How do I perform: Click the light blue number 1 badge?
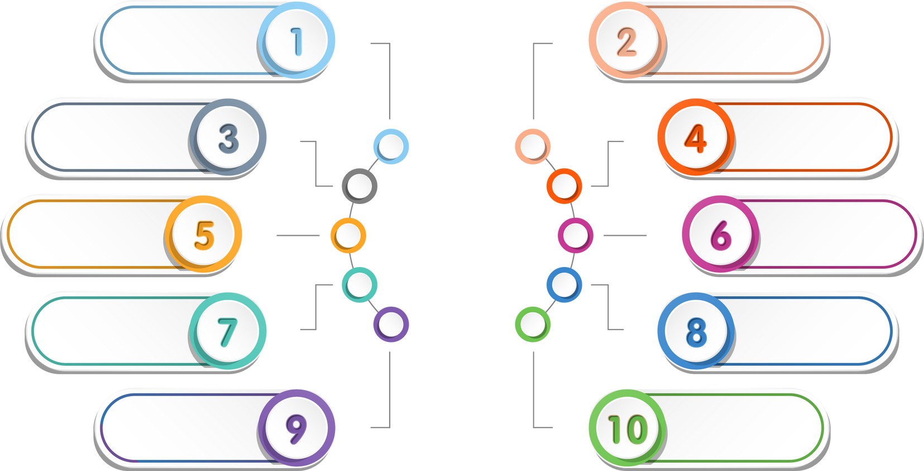tap(296, 40)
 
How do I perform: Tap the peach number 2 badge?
tap(626, 40)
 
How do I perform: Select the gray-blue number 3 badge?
tap(228, 137)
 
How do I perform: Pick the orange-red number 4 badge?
tap(695, 137)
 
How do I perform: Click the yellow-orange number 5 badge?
tap(204, 234)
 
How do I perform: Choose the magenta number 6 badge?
tap(720, 234)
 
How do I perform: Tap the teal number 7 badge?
tap(228, 331)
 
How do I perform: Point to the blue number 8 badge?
tap(695, 331)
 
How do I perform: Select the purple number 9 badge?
tap(296, 427)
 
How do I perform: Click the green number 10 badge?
tap(626, 429)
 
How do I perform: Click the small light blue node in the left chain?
tap(391, 146)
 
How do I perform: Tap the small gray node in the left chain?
tap(360, 185)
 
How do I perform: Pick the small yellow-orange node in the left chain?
tap(348, 235)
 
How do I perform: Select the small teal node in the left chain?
tap(360, 285)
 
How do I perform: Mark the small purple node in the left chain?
tap(391, 324)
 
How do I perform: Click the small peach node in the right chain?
tap(533, 146)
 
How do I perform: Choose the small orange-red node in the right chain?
tap(564, 185)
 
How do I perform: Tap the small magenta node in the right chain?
tap(576, 235)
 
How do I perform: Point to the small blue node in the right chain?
tap(564, 285)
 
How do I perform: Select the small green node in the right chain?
tap(533, 324)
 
